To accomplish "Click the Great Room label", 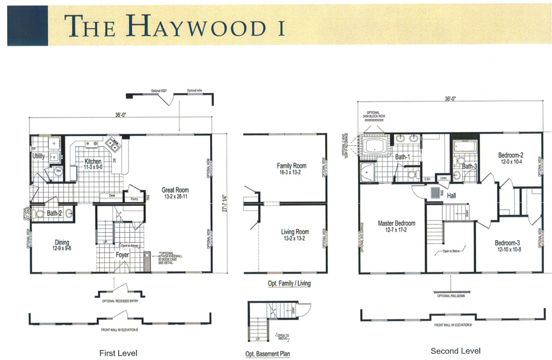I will (175, 190).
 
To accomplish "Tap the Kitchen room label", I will (93, 161).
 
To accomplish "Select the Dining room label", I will (62, 242).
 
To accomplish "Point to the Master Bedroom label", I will (396, 223).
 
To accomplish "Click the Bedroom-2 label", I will (511, 155).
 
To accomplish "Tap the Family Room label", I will (291, 166).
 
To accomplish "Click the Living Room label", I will (295, 232).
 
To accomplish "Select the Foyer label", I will (122, 255).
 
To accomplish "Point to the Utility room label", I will (38, 156).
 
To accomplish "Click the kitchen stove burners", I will (112, 144).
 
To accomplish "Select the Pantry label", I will (134, 199).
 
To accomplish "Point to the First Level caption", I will (118, 353).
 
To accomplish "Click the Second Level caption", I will (455, 351).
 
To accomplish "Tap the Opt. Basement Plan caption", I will (267, 354).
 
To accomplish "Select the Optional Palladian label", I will (451, 296).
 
